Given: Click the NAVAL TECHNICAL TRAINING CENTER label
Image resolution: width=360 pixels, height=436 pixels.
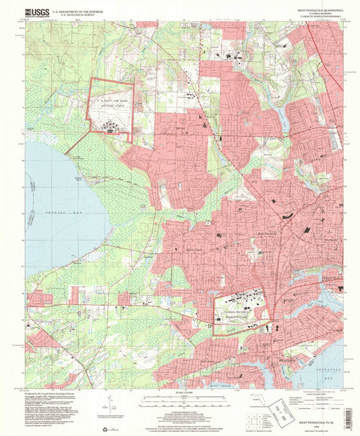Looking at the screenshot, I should [240, 316].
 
